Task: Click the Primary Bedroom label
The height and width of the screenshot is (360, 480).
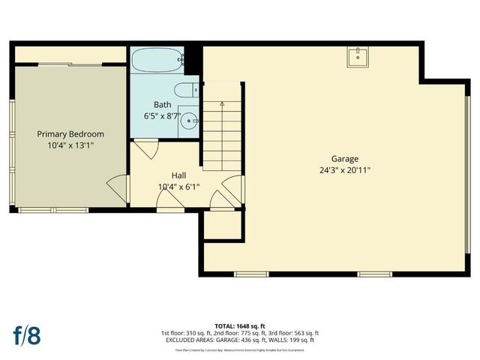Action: (70, 134)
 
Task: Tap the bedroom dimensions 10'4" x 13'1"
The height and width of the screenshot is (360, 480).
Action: (70, 147)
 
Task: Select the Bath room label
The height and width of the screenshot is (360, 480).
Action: (162, 104)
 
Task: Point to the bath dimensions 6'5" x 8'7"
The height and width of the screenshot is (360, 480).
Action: (162, 116)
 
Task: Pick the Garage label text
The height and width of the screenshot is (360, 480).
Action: (345, 158)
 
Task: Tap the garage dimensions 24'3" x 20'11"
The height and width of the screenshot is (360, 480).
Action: (345, 170)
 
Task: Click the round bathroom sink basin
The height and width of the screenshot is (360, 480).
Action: (191, 118)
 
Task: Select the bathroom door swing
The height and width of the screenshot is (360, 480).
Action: (148, 148)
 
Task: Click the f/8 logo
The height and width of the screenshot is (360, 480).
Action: (26, 334)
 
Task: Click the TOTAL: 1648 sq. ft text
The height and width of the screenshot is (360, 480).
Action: (239, 325)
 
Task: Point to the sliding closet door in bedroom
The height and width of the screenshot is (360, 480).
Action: (70, 66)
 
